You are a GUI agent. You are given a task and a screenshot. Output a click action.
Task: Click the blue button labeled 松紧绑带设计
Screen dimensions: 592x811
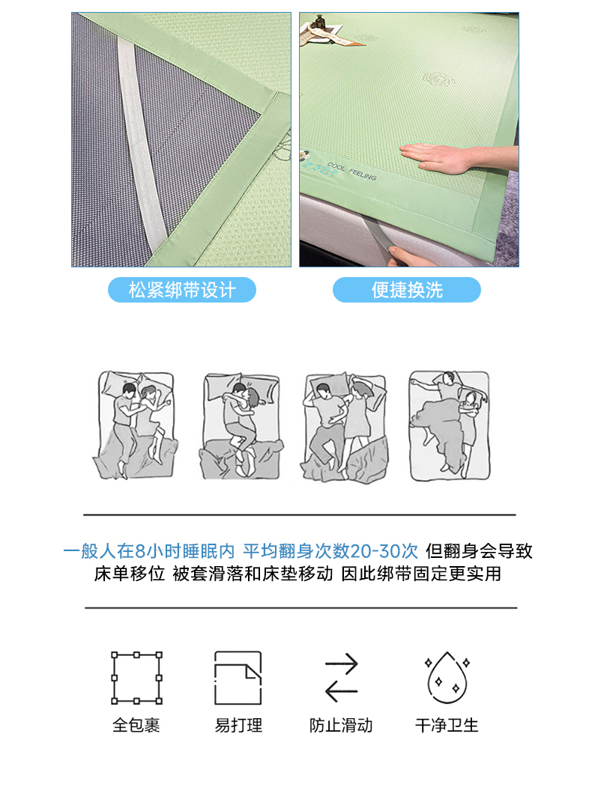point(181,290)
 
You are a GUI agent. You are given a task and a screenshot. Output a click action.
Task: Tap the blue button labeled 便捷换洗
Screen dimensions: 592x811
point(407,290)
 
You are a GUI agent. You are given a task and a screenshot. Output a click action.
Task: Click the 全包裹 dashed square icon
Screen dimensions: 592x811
point(136,678)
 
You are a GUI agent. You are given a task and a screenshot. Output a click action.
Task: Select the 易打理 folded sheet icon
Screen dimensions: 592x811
point(238,678)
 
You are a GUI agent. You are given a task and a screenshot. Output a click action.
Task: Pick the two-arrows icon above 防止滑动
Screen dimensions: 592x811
point(341,678)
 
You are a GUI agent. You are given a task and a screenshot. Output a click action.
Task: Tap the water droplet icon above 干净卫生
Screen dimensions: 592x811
point(447,678)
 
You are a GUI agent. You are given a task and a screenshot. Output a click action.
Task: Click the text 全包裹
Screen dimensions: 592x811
point(136,725)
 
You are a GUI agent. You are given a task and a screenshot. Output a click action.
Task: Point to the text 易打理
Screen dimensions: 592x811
point(238,725)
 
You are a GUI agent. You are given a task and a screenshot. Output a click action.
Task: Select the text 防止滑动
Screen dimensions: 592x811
point(341,725)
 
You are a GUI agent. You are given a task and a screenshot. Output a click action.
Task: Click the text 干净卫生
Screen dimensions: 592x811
point(447,725)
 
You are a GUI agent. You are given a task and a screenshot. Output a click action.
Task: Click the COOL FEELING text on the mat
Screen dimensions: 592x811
point(352,171)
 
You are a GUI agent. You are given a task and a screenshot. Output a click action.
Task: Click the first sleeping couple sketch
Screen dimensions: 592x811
point(136,425)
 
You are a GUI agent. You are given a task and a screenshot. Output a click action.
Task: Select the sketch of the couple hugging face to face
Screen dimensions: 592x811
point(241,425)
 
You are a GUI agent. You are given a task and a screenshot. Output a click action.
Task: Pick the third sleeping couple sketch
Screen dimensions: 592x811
point(345,428)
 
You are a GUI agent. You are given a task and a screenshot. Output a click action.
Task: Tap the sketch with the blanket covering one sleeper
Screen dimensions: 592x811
point(449,425)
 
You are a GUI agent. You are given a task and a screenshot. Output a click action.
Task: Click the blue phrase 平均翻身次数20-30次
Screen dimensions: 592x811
point(330,551)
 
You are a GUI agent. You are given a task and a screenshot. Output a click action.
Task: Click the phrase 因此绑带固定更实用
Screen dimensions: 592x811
point(421,574)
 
